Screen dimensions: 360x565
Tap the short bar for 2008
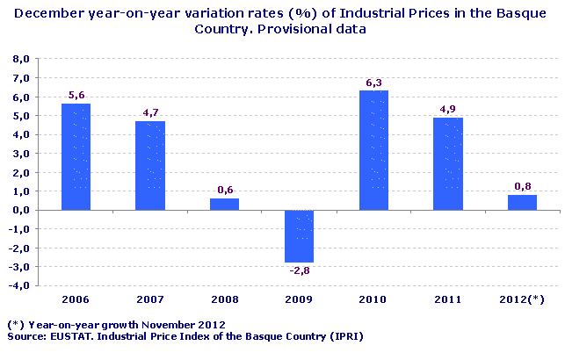pos(224,204)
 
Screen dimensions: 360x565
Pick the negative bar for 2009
pos(299,236)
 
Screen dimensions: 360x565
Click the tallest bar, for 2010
pos(373,150)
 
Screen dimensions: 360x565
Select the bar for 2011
pos(448,163)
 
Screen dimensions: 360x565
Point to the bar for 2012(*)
pos(522,202)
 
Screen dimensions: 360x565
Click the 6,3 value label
pos(373,83)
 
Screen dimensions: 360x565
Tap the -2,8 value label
pos(299,270)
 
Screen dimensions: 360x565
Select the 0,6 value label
pos(224,191)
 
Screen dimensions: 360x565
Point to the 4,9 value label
pos(448,110)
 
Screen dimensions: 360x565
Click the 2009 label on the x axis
pos(299,299)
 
